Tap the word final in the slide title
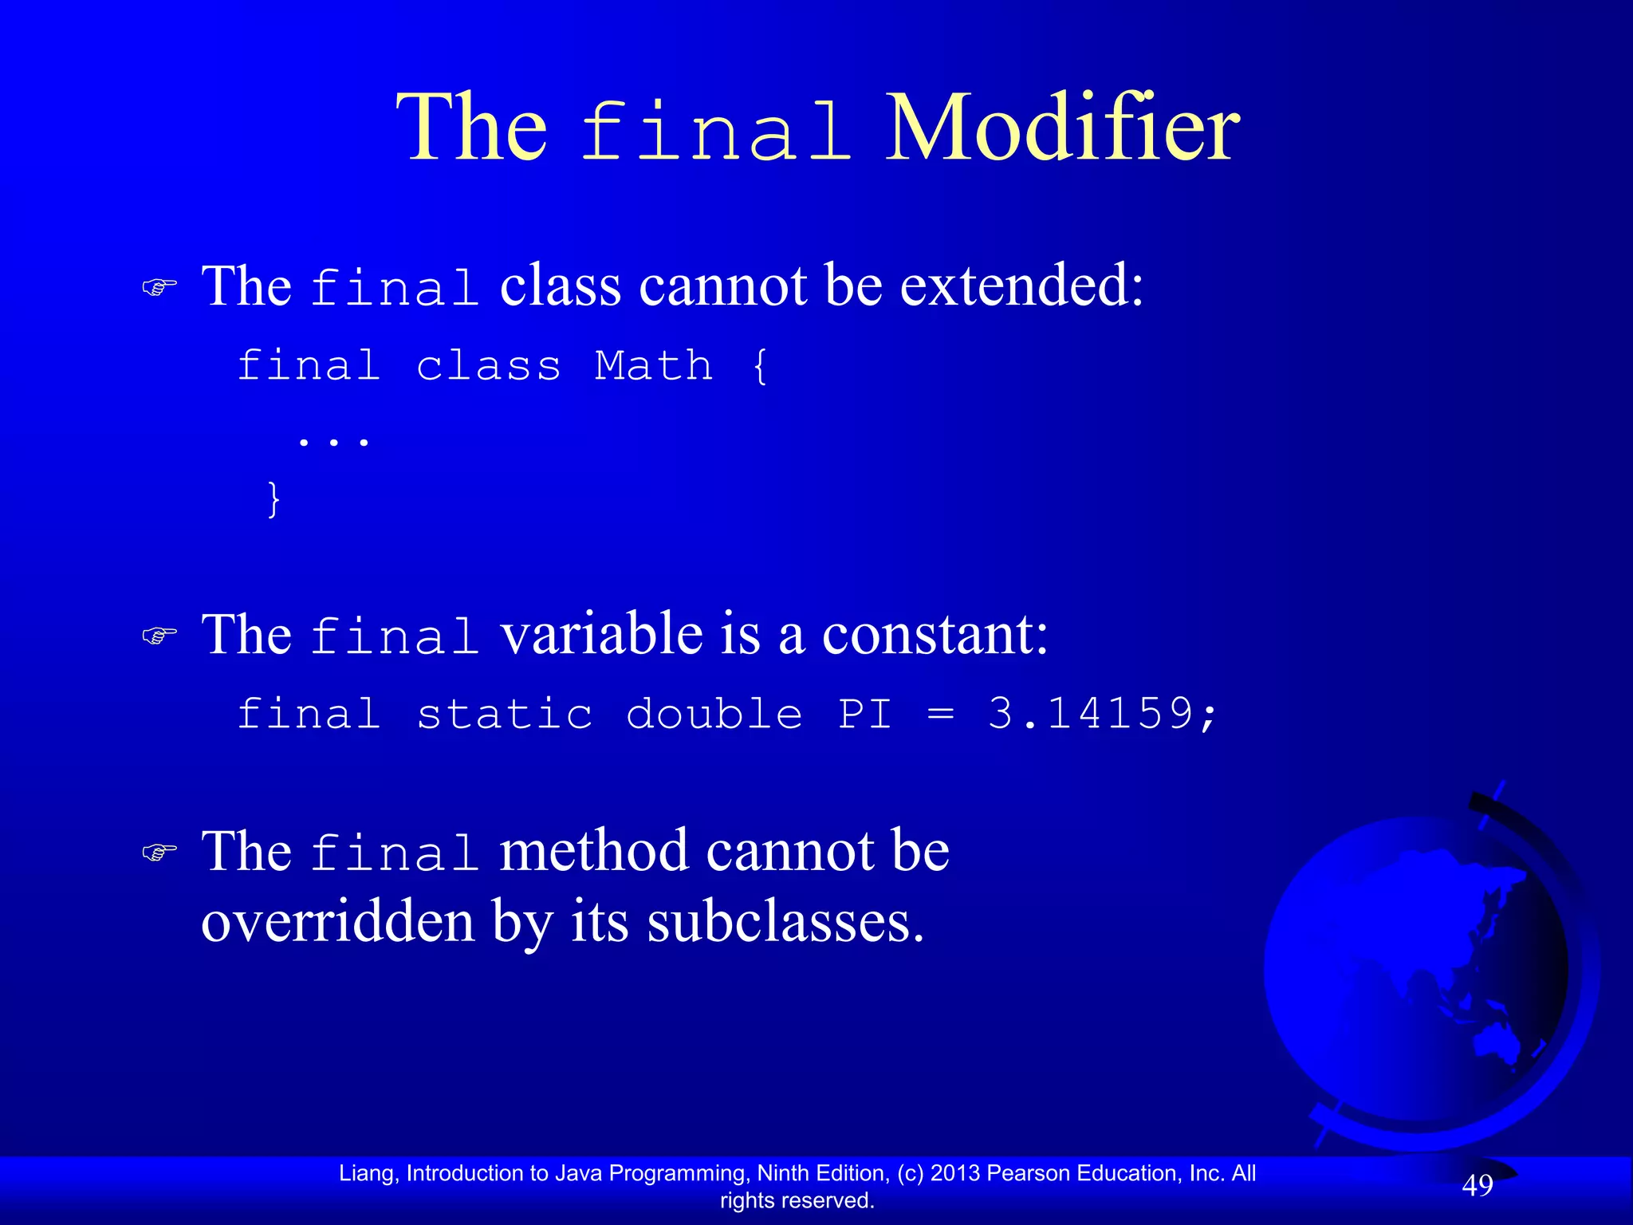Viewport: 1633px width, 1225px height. tap(715, 132)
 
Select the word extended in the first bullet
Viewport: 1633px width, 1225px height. tap(1022, 285)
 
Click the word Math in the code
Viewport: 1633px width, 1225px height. tap(654, 366)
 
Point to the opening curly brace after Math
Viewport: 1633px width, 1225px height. tap(760, 367)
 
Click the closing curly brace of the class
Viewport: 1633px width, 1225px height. tap(273, 499)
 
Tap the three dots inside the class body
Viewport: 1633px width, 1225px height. tap(333, 439)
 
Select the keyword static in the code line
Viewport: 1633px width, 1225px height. tap(505, 713)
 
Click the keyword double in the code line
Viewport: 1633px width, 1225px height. tap(714, 713)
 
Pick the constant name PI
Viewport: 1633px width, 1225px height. tap(865, 713)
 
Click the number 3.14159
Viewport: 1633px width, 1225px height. tap(1091, 713)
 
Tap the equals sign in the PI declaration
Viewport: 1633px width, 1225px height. tap(941, 715)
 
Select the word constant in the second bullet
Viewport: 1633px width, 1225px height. tap(935, 635)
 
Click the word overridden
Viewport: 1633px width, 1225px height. tap(338, 922)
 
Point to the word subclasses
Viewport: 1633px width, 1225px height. tap(785, 922)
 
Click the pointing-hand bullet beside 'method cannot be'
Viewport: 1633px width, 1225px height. tap(159, 853)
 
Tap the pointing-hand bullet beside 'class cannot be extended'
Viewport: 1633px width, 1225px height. tap(159, 287)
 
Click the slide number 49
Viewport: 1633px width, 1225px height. tap(1478, 1186)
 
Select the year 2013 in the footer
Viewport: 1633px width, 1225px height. tap(955, 1173)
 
